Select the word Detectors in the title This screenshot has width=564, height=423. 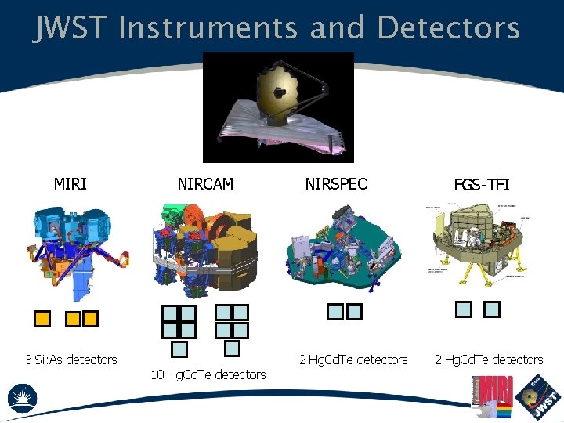[x=448, y=28]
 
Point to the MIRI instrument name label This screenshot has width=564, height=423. [x=70, y=184]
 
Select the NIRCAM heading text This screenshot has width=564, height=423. [x=205, y=184]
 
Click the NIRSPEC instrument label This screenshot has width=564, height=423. [x=336, y=184]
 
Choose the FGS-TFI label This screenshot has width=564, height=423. [x=482, y=185]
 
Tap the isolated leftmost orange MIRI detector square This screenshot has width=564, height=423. [x=43, y=319]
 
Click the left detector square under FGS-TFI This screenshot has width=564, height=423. [x=464, y=309]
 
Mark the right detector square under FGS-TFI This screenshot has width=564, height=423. [x=492, y=309]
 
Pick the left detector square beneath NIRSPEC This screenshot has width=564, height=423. [x=335, y=312]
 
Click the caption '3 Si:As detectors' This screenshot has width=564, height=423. [x=70, y=360]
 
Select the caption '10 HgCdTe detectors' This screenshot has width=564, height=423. [x=208, y=374]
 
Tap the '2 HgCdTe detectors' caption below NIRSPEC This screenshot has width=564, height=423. [x=353, y=360]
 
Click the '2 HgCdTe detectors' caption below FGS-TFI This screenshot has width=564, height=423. [x=489, y=360]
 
